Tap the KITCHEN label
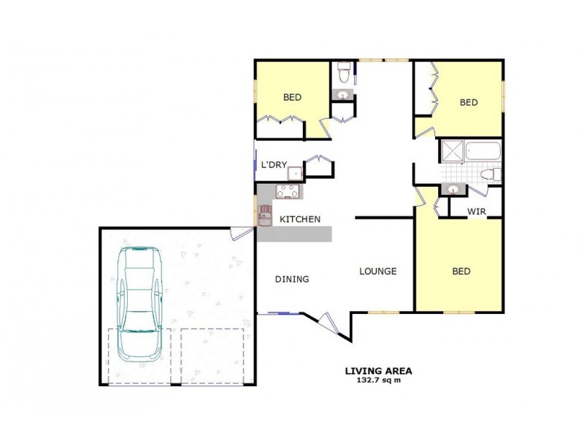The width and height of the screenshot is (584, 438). [300, 219]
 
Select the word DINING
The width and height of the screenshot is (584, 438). [292, 279]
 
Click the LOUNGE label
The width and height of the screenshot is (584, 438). [377, 272]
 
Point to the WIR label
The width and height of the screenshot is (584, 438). [477, 212]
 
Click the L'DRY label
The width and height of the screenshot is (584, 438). [274, 166]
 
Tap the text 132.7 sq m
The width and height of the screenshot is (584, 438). [379, 380]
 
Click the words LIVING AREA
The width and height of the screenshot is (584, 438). [379, 371]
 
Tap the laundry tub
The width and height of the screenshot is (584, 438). [294, 173]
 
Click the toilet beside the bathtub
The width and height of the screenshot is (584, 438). [493, 174]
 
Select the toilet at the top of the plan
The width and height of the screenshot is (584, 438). [343, 74]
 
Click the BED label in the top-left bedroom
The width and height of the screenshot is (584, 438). [293, 97]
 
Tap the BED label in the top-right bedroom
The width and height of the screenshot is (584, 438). [469, 103]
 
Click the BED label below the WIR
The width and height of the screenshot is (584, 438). [461, 272]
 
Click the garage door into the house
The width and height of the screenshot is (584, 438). [237, 234]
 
